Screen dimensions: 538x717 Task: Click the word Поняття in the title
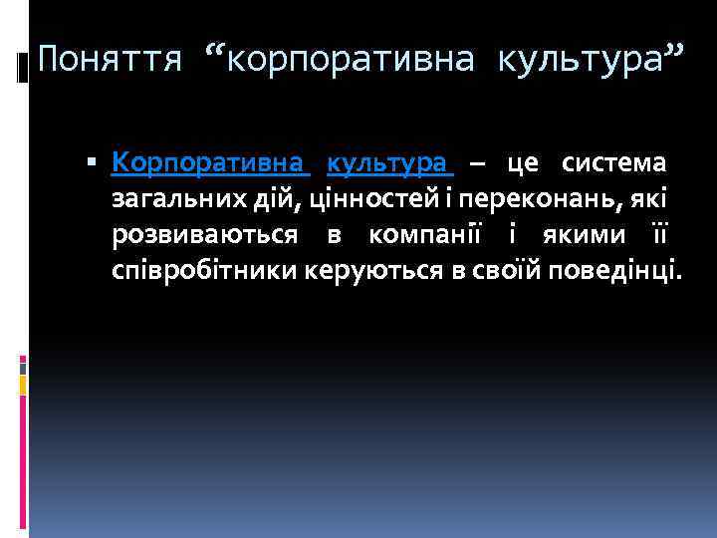click(x=110, y=62)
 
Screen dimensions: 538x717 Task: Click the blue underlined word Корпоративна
click(x=210, y=162)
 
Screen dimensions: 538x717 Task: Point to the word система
click(x=614, y=162)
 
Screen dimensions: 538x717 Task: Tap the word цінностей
click(x=354, y=198)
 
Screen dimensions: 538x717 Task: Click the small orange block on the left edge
click(x=24, y=381)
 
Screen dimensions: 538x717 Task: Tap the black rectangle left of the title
click(x=23, y=69)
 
